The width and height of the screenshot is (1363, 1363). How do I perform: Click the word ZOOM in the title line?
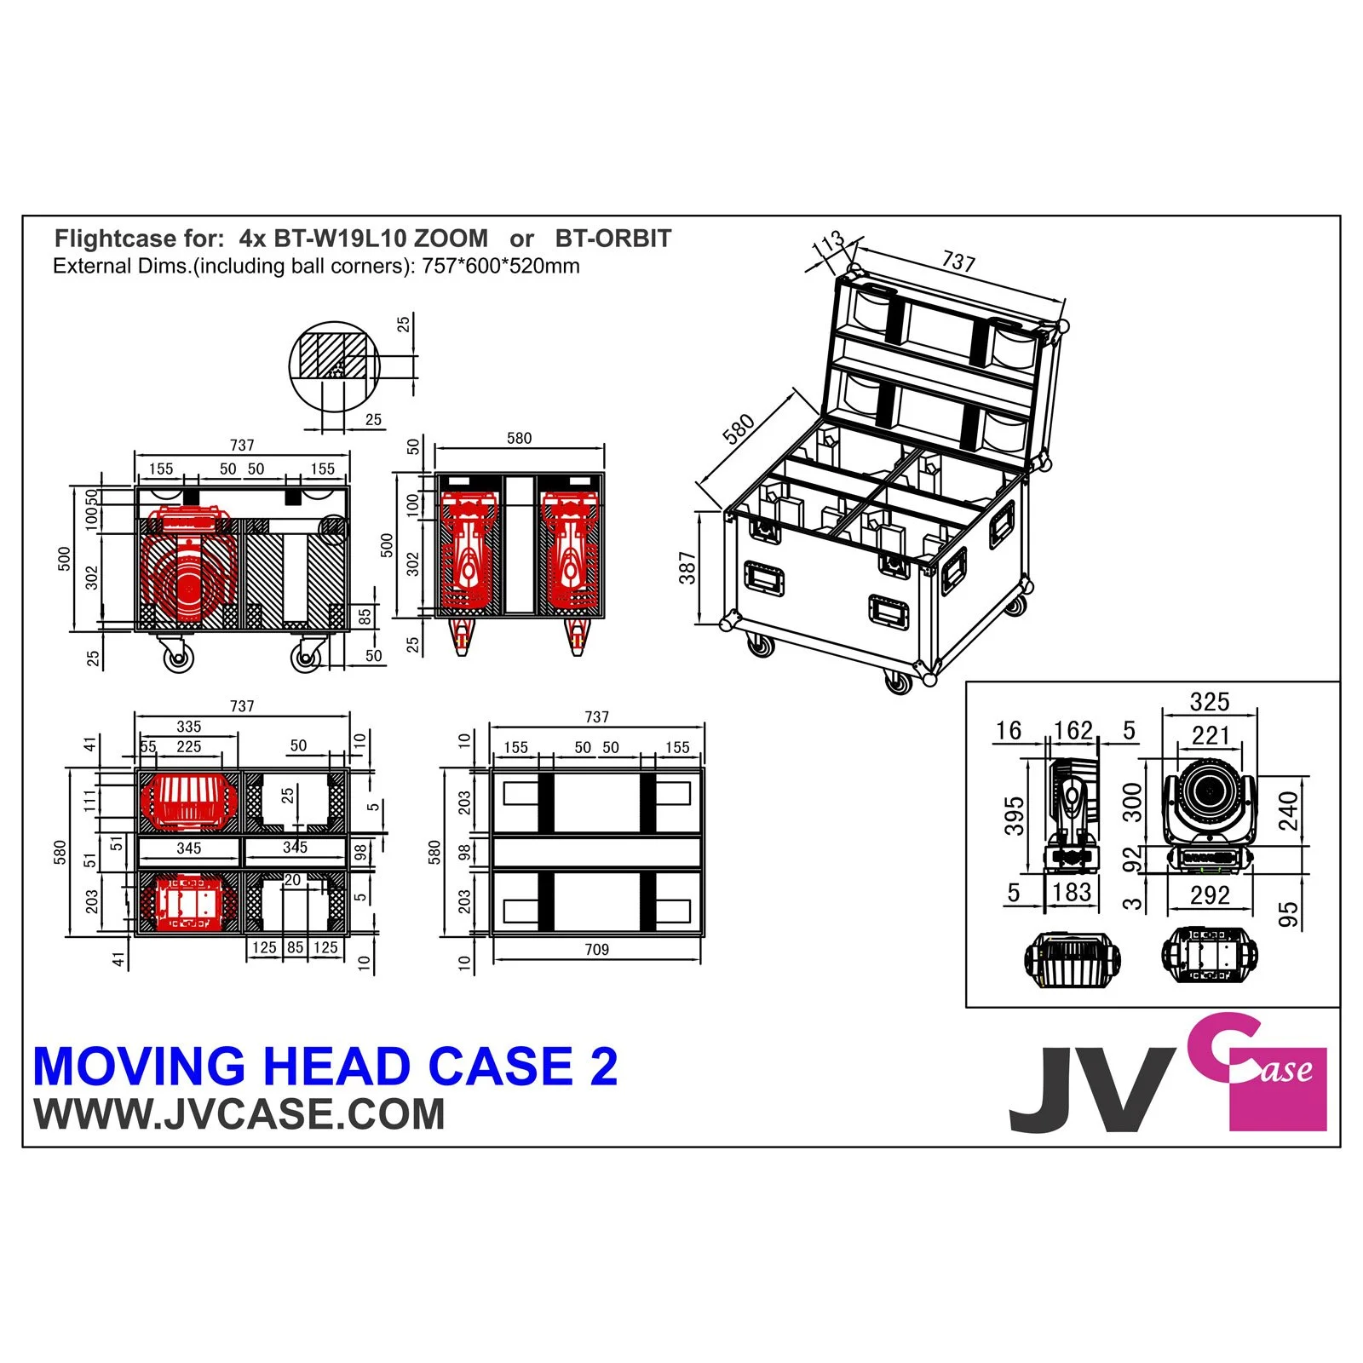(451, 239)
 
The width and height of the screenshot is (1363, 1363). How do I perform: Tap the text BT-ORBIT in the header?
(612, 239)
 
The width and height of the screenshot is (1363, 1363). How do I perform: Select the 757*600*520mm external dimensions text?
(501, 266)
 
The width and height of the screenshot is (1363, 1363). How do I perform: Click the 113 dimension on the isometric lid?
(828, 244)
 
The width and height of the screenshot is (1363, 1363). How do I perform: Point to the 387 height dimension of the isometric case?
(687, 567)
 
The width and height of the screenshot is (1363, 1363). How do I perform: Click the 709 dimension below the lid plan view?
(596, 949)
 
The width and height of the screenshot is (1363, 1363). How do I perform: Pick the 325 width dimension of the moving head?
(1210, 702)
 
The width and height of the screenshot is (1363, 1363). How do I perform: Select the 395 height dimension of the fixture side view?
(1014, 815)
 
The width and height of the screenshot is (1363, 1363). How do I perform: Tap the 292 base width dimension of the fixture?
(1210, 894)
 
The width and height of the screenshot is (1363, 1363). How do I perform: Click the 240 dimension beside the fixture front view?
(1289, 810)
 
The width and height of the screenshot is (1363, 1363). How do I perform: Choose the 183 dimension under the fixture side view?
(1072, 892)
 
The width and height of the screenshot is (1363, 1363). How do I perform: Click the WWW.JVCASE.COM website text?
(239, 1114)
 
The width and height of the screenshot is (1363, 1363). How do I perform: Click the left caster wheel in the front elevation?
(177, 657)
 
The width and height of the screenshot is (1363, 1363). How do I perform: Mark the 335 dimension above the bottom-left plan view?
(189, 727)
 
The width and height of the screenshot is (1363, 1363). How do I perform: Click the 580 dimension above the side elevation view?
(519, 439)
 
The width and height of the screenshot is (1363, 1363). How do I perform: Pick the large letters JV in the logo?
(1090, 1090)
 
